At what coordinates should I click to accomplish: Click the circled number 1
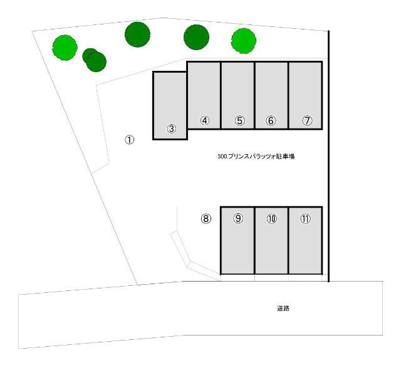click(129, 140)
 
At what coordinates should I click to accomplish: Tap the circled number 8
click(206, 219)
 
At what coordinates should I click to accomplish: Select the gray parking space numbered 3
click(170, 105)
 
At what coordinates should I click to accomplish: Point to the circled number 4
click(204, 120)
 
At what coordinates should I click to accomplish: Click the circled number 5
click(239, 121)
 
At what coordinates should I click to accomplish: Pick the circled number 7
click(307, 121)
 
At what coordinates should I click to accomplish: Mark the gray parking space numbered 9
click(237, 241)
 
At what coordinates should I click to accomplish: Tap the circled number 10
click(271, 219)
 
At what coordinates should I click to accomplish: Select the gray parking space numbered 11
click(305, 241)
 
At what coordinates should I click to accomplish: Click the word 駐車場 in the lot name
click(284, 157)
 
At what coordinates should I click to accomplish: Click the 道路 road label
click(283, 308)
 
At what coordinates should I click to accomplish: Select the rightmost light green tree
click(244, 40)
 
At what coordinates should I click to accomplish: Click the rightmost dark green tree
click(196, 36)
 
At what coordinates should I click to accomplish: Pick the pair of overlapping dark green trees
click(94, 60)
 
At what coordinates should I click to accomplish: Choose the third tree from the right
click(137, 34)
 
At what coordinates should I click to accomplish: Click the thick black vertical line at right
click(329, 157)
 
